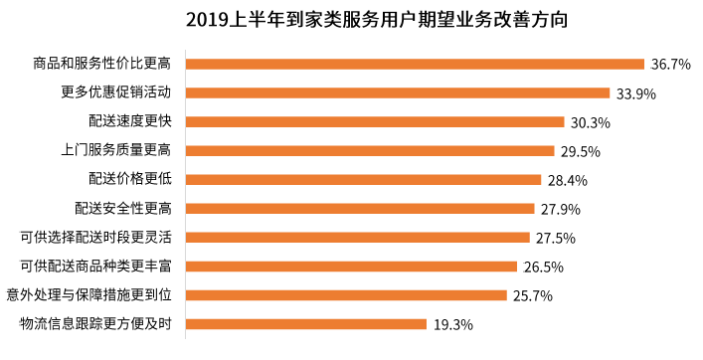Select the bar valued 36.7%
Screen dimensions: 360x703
(416, 64)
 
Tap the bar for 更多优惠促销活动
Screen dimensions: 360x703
(398, 92)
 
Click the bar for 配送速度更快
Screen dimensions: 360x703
(376, 122)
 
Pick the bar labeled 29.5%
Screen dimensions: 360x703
(370, 151)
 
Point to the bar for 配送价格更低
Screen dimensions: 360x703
(364, 180)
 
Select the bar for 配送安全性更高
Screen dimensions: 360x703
(360, 209)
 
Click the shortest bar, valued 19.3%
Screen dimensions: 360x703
(306, 324)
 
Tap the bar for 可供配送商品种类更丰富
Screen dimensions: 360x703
(352, 267)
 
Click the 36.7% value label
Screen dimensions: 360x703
(671, 65)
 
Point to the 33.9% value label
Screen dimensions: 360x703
(635, 93)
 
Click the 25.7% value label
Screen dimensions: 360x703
(532, 296)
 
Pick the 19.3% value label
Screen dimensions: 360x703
(452, 325)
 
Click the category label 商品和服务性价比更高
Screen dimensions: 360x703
(102, 65)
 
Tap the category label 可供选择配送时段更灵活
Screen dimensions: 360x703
(95, 238)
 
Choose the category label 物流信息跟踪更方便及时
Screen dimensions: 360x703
(95, 324)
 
